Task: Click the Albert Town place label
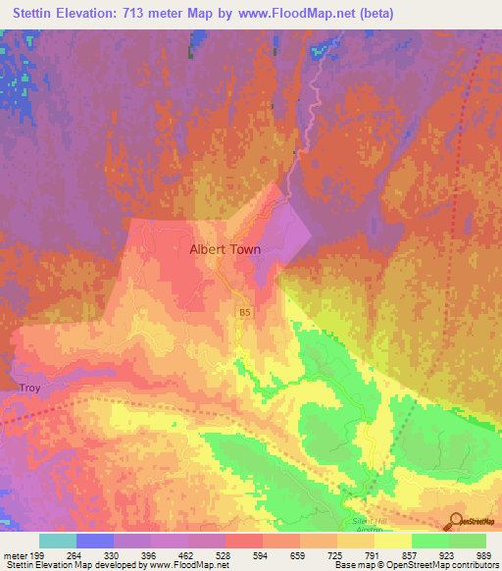click(225, 249)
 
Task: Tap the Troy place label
click(29, 389)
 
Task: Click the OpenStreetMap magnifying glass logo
click(453, 521)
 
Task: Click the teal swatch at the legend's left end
click(57, 541)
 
